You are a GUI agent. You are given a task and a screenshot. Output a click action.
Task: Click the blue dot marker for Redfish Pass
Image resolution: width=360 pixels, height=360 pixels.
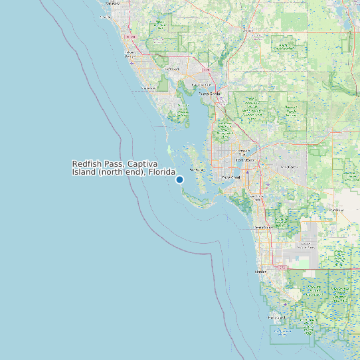point(179,179)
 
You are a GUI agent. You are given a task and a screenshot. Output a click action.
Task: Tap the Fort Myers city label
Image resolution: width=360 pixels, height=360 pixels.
point(245,160)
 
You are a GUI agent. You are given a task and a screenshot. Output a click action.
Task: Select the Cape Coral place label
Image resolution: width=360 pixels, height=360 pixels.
point(230,177)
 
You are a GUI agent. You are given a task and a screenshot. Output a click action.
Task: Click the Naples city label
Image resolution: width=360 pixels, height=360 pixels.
point(261,272)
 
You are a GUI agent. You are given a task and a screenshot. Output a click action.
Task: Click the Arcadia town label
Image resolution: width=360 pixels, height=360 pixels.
point(248,30)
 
